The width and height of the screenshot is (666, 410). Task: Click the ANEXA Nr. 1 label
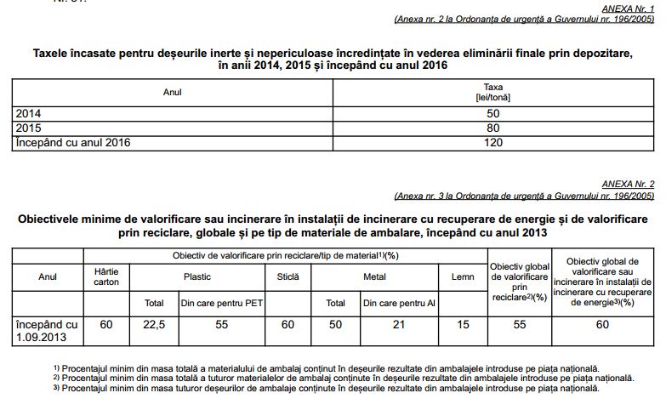pos(629,7)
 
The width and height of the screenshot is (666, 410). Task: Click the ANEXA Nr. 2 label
pos(629,184)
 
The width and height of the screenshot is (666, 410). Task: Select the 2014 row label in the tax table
pos(27,113)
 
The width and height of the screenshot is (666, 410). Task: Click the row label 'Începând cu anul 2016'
pos(72,142)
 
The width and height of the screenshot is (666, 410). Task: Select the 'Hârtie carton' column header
pos(106,276)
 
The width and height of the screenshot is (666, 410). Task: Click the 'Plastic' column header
pos(197,276)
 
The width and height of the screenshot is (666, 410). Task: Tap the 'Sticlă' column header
pos(288,276)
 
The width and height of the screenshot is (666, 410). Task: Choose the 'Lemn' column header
pos(461,276)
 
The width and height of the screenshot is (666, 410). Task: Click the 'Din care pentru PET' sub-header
pos(220,302)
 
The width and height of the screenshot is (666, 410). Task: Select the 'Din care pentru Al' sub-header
pos(397,302)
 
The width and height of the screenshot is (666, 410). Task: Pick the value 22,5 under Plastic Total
pos(154,324)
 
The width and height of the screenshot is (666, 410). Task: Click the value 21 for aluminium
pos(397,324)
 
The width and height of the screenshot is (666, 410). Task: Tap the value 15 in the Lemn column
pos(461,324)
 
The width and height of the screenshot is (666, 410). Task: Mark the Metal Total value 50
pos(335,324)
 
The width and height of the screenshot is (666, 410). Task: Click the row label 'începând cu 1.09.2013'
pos(48,331)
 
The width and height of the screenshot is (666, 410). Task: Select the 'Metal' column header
pos(374,276)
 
